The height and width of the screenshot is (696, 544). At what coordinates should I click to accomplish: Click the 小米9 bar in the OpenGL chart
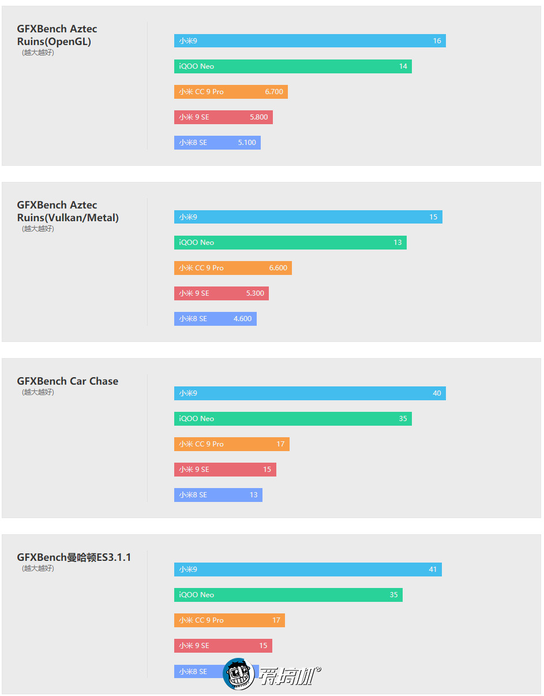(310, 41)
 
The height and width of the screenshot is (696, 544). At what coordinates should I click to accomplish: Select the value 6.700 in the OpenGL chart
(274, 92)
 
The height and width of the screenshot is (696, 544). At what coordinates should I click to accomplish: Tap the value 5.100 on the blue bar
(247, 143)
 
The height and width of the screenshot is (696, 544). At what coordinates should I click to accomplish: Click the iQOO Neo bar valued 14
(292, 66)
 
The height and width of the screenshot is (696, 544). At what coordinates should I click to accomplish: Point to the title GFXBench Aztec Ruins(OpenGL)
(57, 35)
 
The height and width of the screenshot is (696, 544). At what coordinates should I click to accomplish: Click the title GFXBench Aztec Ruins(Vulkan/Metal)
(67, 211)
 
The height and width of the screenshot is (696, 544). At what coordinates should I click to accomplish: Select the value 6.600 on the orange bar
(278, 268)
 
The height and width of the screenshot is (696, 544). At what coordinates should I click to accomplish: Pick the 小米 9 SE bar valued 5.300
(221, 293)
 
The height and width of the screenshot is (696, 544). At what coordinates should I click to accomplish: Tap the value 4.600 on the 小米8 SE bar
(242, 319)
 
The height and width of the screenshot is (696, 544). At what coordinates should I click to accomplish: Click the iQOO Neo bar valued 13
(290, 243)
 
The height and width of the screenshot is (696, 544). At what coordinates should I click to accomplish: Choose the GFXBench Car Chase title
(67, 381)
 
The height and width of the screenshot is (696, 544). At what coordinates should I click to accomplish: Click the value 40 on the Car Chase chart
(437, 393)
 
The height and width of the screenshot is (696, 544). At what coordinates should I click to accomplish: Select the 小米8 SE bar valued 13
(218, 495)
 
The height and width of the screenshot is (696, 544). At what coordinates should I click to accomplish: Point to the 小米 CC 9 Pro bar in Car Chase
(231, 444)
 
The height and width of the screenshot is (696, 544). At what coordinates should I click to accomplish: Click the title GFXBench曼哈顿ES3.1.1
(74, 557)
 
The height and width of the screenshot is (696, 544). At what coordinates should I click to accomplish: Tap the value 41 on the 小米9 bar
(433, 570)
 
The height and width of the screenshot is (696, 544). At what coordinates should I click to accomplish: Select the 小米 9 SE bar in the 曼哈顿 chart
(223, 646)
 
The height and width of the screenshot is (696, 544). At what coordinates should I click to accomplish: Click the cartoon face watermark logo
(239, 674)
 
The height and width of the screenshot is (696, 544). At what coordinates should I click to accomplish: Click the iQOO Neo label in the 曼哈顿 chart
(196, 595)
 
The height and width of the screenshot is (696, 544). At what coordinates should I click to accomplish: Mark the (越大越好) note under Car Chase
(38, 392)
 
